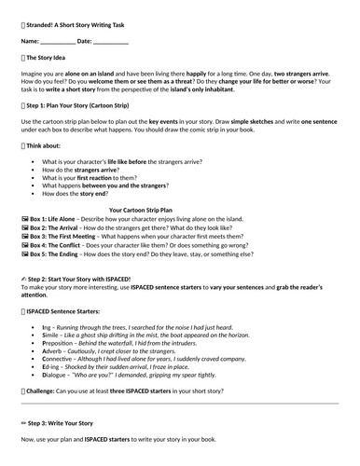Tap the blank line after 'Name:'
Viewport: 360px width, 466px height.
59,42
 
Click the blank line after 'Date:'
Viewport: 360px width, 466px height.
111,42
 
